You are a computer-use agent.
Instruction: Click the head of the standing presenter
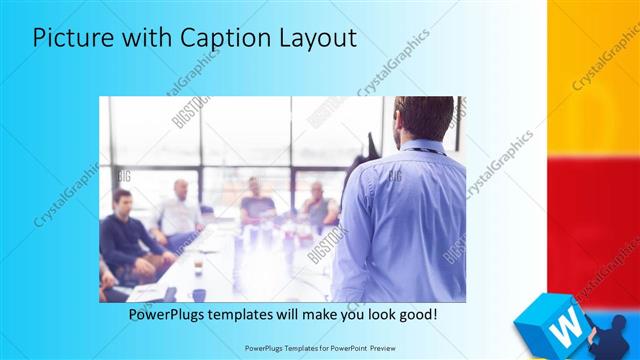[x=415, y=118]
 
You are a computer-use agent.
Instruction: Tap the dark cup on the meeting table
[x=199, y=294]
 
